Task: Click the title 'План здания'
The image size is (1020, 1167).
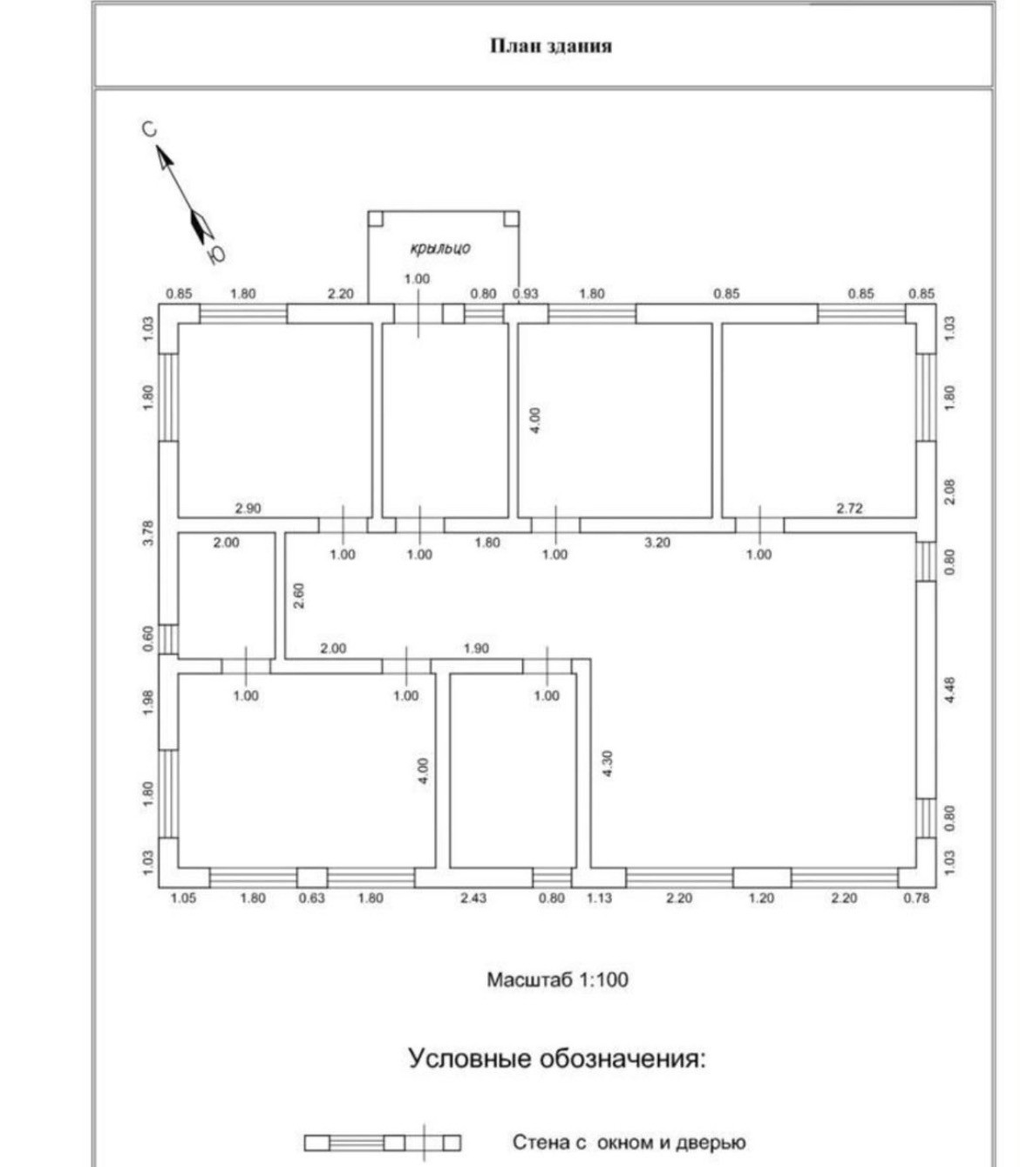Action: pos(550,45)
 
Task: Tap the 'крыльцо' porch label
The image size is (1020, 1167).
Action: pos(440,248)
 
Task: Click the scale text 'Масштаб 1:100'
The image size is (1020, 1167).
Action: pos(557,979)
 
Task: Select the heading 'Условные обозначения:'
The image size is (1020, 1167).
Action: pos(557,1059)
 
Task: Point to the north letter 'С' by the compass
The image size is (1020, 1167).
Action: pos(149,129)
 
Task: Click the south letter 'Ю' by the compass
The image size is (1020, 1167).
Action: pos(216,254)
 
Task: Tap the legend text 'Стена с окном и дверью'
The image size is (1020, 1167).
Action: pos(629,1143)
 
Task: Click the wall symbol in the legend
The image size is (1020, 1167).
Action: pos(382,1143)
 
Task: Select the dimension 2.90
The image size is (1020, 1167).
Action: pos(248,508)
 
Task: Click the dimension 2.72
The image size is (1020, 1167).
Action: pos(849,508)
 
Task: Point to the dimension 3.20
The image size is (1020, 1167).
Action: pos(657,543)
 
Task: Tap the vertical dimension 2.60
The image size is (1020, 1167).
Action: pos(299,595)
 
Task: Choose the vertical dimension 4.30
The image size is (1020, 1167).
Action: pos(607,764)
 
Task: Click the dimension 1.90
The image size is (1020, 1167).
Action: pos(476,649)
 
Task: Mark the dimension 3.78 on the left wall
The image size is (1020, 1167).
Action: pos(148,533)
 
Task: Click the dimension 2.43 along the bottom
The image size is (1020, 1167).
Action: pos(473,897)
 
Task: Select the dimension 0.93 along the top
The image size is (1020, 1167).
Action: pos(526,294)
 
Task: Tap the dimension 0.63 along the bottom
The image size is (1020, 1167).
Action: pos(311,897)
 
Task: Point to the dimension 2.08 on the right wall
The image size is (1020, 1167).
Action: pos(949,491)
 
